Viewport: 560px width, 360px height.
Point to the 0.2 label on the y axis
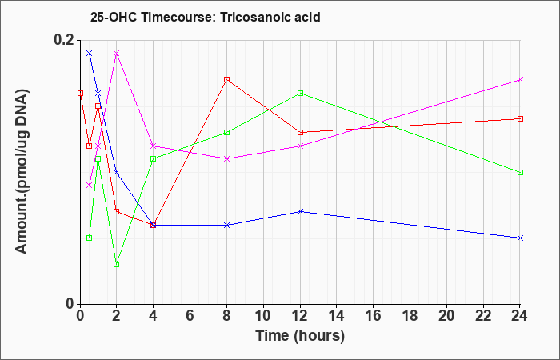click(64, 40)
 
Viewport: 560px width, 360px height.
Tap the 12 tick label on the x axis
click(300, 316)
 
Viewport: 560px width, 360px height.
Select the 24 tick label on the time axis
click(520, 316)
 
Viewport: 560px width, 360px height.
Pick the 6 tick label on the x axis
click(190, 316)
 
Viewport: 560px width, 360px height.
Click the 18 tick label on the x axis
click(410, 316)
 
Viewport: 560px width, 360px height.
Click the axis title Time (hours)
click(300, 336)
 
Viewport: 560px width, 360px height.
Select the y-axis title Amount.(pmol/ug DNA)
click(22, 171)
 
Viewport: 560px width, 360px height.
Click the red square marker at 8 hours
click(226, 80)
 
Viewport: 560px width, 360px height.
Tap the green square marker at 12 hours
click(300, 94)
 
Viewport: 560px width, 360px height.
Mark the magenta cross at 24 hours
click(520, 80)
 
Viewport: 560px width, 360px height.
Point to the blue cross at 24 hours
click(520, 238)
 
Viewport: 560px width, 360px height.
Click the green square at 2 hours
click(117, 264)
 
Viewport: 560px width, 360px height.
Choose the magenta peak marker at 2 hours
click(117, 54)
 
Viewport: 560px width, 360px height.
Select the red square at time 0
click(80, 94)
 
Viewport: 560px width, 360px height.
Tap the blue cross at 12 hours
click(300, 211)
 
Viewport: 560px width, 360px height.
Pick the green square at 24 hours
click(520, 173)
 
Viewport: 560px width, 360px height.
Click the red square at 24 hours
click(520, 119)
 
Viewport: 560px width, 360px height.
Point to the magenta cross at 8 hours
click(226, 158)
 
